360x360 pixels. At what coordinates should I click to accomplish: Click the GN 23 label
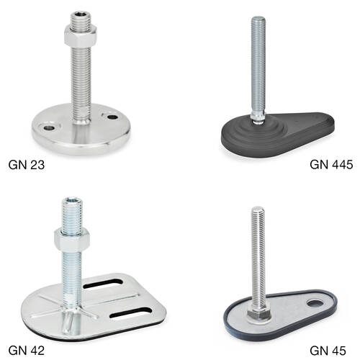(x=27, y=165)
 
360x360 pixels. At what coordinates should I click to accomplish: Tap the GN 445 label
(x=331, y=165)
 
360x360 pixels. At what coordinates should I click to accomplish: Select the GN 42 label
(x=27, y=351)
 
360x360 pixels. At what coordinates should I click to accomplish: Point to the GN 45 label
(x=328, y=351)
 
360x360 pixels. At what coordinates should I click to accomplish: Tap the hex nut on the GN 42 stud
(x=72, y=240)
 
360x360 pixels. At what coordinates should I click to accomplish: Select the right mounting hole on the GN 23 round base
(x=112, y=117)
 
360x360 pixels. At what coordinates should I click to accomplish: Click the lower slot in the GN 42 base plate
(x=131, y=312)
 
